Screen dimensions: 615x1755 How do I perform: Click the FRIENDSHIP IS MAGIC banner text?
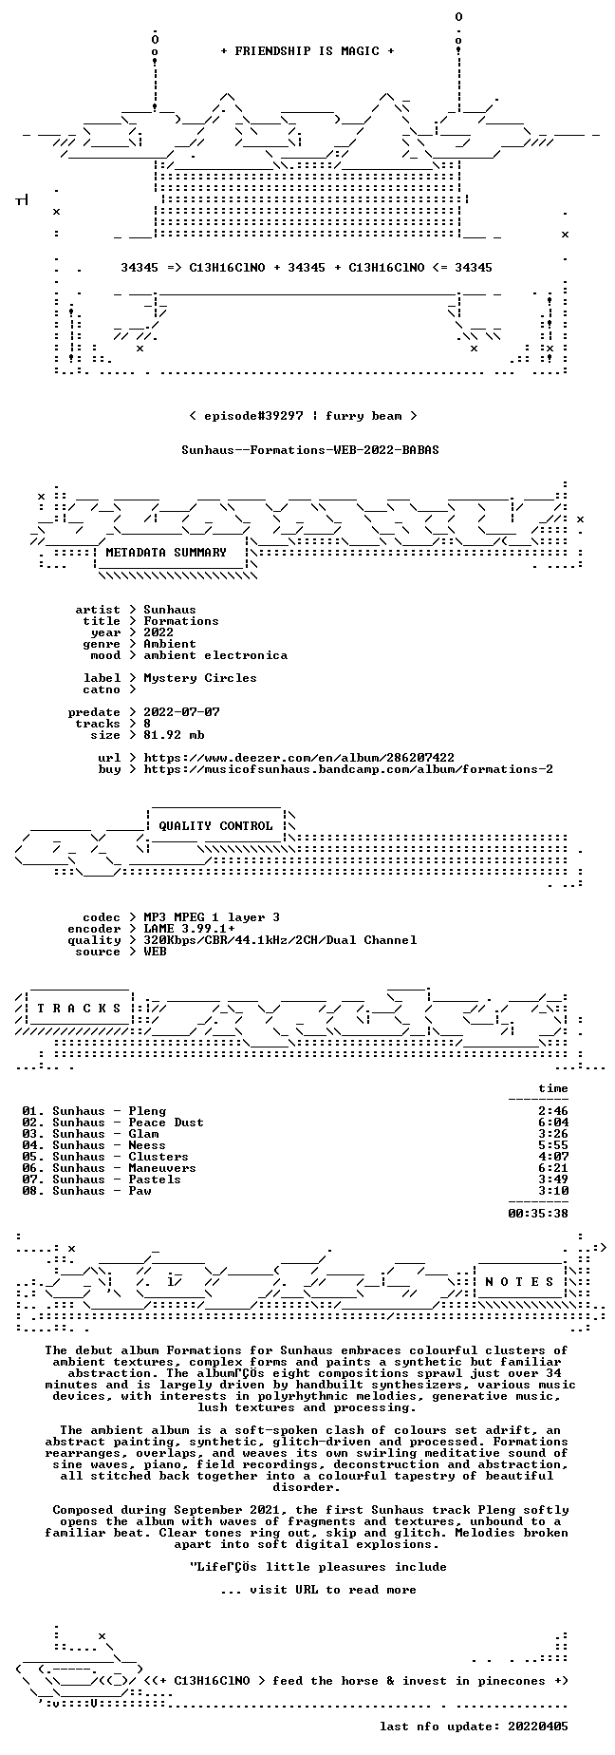[307, 51]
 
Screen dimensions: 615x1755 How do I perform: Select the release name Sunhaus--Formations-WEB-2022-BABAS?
[310, 450]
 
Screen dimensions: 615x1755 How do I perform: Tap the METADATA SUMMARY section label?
[166, 553]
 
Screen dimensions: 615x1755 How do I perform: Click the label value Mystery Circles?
[200, 678]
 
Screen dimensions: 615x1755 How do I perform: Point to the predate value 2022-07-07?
[181, 712]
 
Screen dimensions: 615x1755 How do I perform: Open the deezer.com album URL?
[299, 758]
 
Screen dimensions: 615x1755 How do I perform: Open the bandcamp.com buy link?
[348, 769]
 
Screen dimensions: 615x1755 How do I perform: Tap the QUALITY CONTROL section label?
[215, 826]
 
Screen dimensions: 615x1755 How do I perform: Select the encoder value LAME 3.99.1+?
[189, 929]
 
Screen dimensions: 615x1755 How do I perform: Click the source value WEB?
[155, 952]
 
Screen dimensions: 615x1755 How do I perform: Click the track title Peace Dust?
[166, 1123]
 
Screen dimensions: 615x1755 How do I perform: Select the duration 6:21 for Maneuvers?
[553, 1168]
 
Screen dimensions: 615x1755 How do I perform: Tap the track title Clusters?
[158, 1157]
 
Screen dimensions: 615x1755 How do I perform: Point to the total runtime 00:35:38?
[538, 1214]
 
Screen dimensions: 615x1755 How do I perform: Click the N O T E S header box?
[519, 1282]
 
